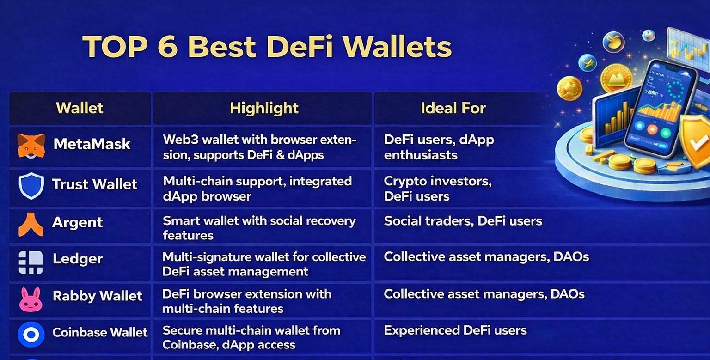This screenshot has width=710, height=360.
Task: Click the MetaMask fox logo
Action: [31, 145]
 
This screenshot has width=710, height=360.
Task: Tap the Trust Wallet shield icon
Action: [31, 186]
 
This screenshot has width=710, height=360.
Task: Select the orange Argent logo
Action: [31, 225]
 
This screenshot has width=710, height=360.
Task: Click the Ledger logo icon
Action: [31, 262]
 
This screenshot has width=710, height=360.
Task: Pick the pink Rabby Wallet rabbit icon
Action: [31, 299]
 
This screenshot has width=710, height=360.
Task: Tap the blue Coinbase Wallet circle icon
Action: [31, 335]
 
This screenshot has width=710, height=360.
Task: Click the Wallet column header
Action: [80, 108]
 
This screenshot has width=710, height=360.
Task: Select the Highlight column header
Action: [264, 108]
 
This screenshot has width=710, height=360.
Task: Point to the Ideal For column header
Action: [453, 108]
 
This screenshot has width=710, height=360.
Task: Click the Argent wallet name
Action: [77, 222]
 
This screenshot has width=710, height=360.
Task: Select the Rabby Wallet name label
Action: [98, 296]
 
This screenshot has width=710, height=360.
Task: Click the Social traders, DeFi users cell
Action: [463, 221]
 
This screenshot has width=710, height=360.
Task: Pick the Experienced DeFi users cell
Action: [455, 330]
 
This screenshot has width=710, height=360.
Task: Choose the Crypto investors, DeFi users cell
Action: [437, 189]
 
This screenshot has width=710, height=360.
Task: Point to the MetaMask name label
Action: [92, 144]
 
